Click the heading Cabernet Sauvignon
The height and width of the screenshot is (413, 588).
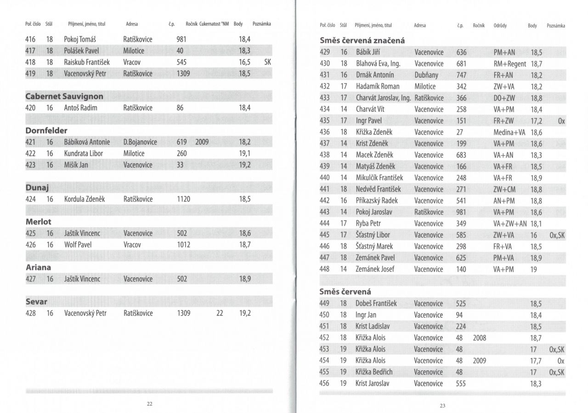point(64,97)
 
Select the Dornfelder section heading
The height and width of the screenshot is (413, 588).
point(46,131)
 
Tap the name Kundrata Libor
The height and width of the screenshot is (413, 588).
point(84,153)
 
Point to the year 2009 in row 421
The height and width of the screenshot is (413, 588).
point(202,142)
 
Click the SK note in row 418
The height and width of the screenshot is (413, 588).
point(268,62)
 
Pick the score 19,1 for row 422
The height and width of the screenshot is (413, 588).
point(245,153)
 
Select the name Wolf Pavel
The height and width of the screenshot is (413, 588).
point(78,245)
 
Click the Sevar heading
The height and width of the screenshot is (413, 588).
point(37,302)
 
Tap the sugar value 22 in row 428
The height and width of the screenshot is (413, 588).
point(220,313)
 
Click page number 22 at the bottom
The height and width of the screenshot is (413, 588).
point(150,404)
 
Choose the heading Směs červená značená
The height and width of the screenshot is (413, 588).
point(362,40)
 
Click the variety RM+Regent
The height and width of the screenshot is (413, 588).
point(509,63)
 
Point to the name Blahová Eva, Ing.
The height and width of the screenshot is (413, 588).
point(378,63)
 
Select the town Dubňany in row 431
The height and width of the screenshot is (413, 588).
point(426,75)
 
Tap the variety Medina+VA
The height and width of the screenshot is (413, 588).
point(509,132)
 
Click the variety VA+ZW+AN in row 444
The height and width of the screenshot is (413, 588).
point(510,224)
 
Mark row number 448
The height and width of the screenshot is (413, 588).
point(324,269)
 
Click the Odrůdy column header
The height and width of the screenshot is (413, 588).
point(500,26)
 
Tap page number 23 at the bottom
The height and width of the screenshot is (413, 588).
point(442,406)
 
